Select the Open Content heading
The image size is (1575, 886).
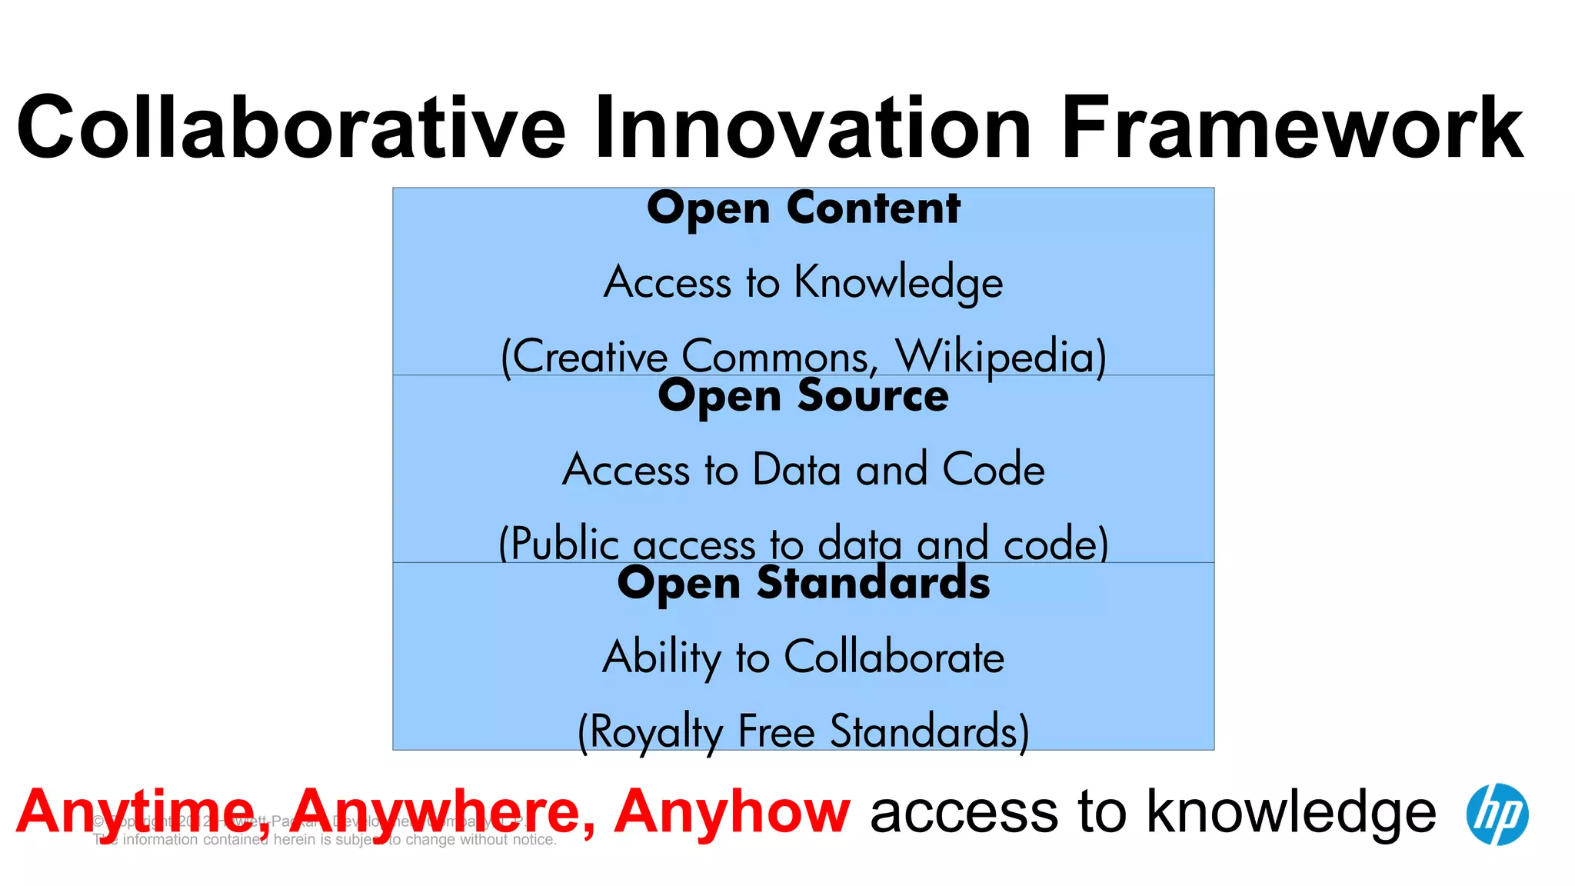(x=804, y=208)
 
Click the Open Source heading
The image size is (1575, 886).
(x=804, y=396)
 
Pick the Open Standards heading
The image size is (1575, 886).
(x=804, y=583)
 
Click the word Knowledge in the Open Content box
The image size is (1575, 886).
(x=898, y=282)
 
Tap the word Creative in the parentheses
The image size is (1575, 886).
(x=590, y=357)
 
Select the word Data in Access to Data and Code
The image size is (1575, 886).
(x=797, y=469)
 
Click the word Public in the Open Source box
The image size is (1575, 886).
(x=564, y=544)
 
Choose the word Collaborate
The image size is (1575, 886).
(x=894, y=658)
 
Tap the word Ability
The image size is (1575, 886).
(x=661, y=658)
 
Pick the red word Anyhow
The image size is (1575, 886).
(x=731, y=812)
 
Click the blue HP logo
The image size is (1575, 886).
(x=1497, y=814)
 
